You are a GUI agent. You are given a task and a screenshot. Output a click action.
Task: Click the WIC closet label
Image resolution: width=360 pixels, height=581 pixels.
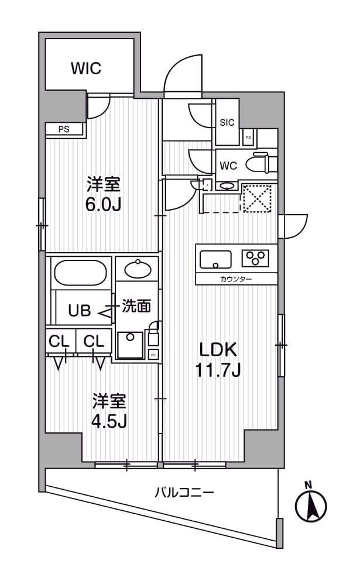click(86, 68)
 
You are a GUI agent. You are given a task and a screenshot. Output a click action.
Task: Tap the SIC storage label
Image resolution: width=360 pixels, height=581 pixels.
click(227, 122)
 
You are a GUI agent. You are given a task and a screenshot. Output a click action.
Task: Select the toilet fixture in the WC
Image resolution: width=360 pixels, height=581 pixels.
click(258, 163)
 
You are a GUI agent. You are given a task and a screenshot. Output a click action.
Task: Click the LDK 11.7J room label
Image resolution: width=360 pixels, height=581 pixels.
click(218, 359)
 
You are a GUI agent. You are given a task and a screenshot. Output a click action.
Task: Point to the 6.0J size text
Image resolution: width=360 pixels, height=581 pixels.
click(104, 205)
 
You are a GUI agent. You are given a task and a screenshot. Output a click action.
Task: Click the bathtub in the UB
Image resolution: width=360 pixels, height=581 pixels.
click(80, 271)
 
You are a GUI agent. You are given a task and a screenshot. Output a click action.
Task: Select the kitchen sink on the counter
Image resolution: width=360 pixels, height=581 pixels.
click(216, 258)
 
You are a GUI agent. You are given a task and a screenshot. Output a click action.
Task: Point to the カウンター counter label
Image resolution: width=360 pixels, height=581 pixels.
click(236, 280)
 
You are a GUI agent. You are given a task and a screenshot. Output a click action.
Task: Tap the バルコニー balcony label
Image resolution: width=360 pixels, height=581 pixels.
click(184, 492)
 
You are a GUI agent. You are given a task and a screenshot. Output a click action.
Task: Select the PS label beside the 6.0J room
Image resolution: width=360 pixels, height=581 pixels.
click(63, 130)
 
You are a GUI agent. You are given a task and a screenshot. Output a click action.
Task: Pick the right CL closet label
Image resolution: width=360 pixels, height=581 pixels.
click(94, 341)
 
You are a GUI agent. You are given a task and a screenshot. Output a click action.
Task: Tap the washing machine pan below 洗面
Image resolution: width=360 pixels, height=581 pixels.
click(129, 345)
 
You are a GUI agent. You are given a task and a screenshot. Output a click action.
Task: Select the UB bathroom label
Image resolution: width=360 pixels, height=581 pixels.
click(80, 311)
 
